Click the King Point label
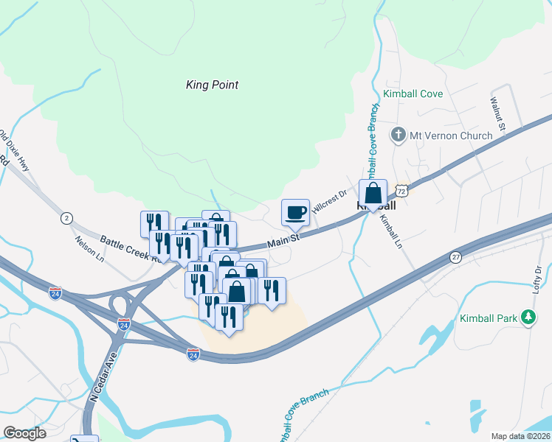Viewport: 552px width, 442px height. tap(212, 85)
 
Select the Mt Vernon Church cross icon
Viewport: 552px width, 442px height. tap(399, 135)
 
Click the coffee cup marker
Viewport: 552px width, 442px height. tap(296, 212)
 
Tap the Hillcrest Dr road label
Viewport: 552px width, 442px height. tap(329, 201)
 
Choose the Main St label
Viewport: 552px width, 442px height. tap(283, 240)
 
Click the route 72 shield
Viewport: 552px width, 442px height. tap(401, 190)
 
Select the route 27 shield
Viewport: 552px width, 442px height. tap(456, 256)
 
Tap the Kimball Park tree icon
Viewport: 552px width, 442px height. tap(528, 318)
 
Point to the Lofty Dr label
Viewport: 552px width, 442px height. tap(537, 281)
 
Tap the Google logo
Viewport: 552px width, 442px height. tap(25, 433)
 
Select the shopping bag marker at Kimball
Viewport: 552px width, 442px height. tap(373, 193)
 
